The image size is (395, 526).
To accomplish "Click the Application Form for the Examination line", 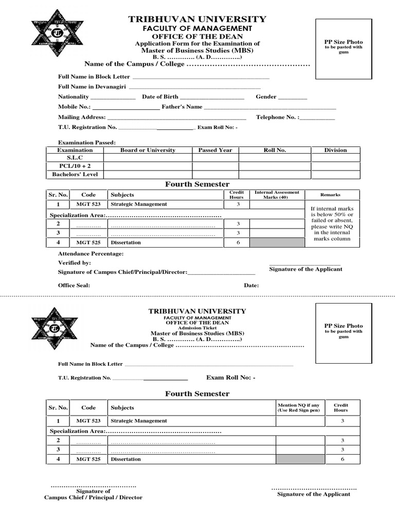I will pos(197,44).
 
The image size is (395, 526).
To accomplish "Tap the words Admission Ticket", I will pos(197,328).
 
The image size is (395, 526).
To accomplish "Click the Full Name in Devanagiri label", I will pos(89,87).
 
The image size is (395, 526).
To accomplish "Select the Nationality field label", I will pos(74,97).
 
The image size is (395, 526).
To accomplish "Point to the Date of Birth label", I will pos(160,97).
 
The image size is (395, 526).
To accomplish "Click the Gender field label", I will pos(266,97).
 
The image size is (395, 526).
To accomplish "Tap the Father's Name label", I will pos(182,107).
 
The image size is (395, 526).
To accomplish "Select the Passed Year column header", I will pos(215,150).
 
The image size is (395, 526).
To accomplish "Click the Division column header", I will pos(335,150).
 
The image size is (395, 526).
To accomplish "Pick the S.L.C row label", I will pos(75,158).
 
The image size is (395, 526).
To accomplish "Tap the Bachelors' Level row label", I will pos(75,175).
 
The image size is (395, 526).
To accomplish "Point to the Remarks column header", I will pos(330,195).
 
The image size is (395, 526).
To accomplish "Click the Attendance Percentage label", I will pos(91,254).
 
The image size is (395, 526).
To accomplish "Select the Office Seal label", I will pos(74,286).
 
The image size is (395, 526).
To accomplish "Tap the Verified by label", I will pos(75,263).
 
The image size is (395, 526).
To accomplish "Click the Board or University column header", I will pos(148,150).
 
